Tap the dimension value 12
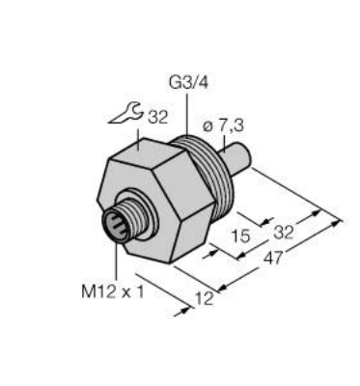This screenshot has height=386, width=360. (205, 299)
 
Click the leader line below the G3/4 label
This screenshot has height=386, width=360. (181, 117)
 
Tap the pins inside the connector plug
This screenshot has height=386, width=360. (116, 229)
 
